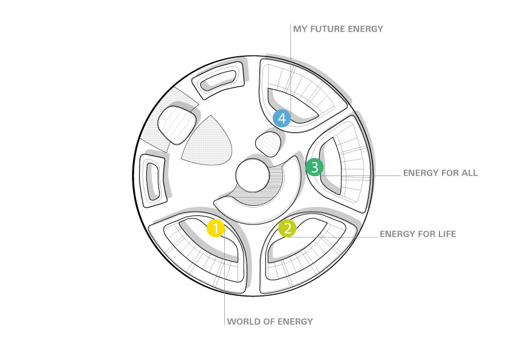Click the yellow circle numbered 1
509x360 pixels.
coord(216,228)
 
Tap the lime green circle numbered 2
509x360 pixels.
coord(287,228)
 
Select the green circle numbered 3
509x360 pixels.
coord(314,166)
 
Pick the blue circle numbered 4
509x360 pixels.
coord(282,117)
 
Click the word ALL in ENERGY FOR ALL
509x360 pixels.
coord(468,173)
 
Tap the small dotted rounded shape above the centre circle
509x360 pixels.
coord(268,143)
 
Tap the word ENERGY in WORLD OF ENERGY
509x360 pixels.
coord(295,321)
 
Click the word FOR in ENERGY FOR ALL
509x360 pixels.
coord(447,173)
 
